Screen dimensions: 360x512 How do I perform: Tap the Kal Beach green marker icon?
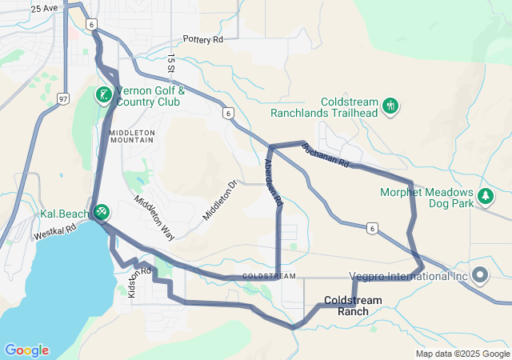tap(102, 212)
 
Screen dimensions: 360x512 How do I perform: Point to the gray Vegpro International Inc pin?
tap(480, 275)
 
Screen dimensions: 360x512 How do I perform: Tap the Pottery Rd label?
tap(202, 39)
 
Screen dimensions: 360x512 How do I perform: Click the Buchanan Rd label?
tap(326, 154)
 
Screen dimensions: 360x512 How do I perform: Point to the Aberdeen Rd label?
tap(274, 183)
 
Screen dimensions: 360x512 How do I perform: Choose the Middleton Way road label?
tap(154, 218)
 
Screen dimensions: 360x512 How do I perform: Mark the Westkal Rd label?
tap(54, 233)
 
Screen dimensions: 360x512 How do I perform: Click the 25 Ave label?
tap(45, 8)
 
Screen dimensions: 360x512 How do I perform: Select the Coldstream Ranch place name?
tap(353, 306)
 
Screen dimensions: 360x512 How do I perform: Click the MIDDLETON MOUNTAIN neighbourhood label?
tap(131, 135)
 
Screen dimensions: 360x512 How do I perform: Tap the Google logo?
tap(26, 350)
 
